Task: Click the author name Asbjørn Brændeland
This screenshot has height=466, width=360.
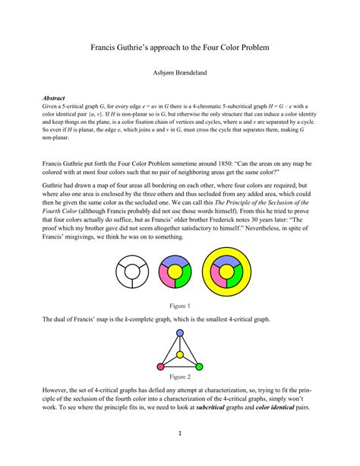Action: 180,74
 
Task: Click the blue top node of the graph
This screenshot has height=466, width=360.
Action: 179,332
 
